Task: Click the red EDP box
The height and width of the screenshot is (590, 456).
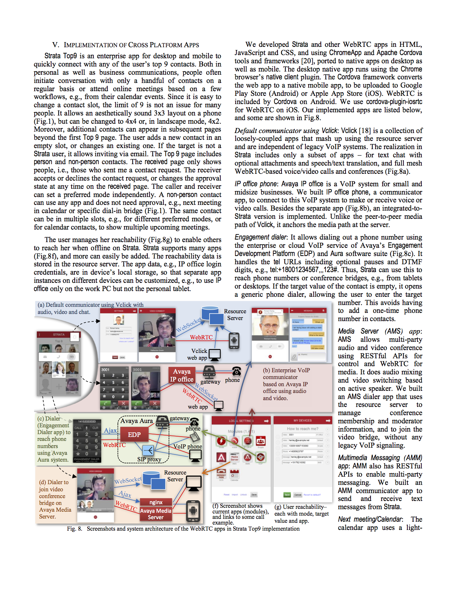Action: tap(134, 435)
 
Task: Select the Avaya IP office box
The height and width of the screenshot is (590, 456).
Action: tap(182, 375)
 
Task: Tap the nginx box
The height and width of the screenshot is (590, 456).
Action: tap(156, 502)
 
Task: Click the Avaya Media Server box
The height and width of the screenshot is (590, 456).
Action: tap(156, 514)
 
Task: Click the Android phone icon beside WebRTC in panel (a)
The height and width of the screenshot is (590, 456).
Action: tap(234, 340)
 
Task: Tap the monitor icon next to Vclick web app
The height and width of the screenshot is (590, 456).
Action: tap(215, 354)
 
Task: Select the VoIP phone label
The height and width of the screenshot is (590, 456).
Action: tap(188, 446)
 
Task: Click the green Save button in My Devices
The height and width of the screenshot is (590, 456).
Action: tap(287, 495)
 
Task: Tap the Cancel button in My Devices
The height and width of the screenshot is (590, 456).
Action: tap(298, 495)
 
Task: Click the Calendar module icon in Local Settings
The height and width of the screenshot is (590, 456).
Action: tap(234, 475)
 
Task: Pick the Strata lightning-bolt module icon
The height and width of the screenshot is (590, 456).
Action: tap(221, 441)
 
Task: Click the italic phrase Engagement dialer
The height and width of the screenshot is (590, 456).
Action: tap(260, 237)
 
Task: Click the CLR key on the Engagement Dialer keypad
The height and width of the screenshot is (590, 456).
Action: tap(95, 428)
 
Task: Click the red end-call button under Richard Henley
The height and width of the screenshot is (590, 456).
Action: tap(270, 357)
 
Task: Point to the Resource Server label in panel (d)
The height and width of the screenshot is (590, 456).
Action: tap(175, 476)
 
